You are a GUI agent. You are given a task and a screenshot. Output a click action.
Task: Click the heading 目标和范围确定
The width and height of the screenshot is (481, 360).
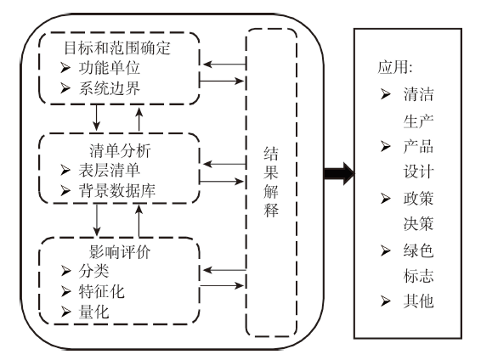point(117,48)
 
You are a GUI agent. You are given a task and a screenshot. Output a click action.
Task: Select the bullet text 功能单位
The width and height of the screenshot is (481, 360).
point(110,68)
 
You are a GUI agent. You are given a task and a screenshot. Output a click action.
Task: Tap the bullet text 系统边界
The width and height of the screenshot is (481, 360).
point(110,88)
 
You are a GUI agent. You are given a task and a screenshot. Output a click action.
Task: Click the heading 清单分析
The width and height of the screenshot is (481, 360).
point(120,150)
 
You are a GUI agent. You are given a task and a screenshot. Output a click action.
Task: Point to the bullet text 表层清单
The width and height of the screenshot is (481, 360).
point(110,171)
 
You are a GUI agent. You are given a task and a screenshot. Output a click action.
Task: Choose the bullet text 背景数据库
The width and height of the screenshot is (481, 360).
point(117,190)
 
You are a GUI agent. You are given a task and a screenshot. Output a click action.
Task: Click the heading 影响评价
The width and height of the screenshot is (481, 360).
point(120,252)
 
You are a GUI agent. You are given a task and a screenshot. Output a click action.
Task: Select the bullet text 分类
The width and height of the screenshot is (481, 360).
point(93,271)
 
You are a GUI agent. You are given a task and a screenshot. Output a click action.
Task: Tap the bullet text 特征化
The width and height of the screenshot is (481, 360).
point(101,291)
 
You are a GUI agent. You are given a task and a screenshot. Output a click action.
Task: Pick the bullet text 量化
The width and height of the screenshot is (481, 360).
point(93,312)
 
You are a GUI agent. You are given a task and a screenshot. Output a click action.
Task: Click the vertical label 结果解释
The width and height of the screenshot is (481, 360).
point(271,182)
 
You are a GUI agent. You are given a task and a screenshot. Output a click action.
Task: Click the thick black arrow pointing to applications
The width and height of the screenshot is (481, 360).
point(339,174)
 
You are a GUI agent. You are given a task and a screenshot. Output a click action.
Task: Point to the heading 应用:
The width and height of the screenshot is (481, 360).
point(395,67)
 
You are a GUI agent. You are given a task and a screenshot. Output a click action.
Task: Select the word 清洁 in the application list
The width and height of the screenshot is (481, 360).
point(418,94)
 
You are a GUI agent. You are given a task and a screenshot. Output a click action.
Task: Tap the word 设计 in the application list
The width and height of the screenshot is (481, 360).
point(418,172)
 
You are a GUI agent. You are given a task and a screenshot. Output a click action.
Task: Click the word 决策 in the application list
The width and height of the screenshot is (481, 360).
point(418,223)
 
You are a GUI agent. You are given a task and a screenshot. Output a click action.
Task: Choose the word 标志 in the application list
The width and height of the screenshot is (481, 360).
point(418,276)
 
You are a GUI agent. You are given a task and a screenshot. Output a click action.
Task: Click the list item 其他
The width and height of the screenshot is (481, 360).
point(418,301)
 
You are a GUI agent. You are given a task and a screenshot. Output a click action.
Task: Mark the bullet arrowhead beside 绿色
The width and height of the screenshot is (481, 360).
point(386,250)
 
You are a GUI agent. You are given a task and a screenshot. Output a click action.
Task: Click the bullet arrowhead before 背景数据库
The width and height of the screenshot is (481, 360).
point(65,190)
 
